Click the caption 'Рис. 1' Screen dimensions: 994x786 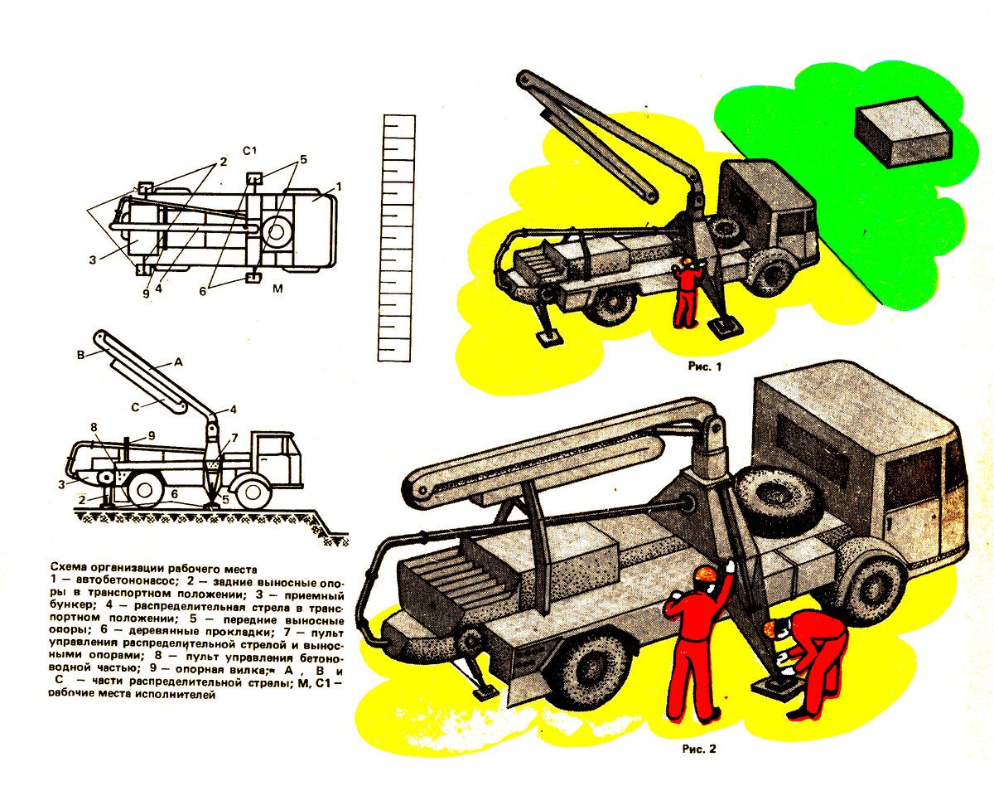[x=704, y=366]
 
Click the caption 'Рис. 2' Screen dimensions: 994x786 [x=699, y=749]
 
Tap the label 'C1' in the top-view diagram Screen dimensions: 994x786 [x=249, y=151]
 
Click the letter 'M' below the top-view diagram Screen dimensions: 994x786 [x=277, y=289]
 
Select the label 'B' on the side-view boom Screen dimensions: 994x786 [x=80, y=356]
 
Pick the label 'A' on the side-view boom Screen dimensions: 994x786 [x=178, y=362]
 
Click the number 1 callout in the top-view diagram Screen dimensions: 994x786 [x=339, y=187]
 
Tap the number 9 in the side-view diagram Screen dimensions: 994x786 [x=151, y=435]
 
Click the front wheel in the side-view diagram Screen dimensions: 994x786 [x=252, y=492]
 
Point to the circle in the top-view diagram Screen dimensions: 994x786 [x=276, y=231]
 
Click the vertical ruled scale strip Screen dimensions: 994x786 [x=396, y=238]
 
